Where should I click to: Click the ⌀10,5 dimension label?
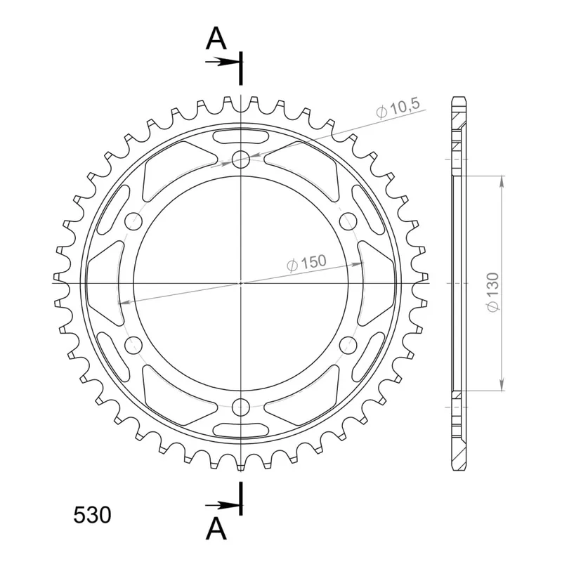pyautogui.click(x=398, y=108)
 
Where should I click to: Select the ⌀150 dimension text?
pyautogui.click(x=307, y=263)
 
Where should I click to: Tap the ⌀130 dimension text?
pyautogui.click(x=493, y=292)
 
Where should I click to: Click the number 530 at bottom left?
pyautogui.click(x=92, y=515)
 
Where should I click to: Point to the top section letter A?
pyautogui.click(x=216, y=39)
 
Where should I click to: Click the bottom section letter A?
pyautogui.click(x=216, y=529)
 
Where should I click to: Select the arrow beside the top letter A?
pyautogui.click(x=222, y=62)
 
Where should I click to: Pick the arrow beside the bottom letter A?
pyautogui.click(x=222, y=505)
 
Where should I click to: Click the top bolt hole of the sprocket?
pyautogui.click(x=241, y=159)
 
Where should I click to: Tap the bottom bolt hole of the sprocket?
pyautogui.click(x=241, y=407)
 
